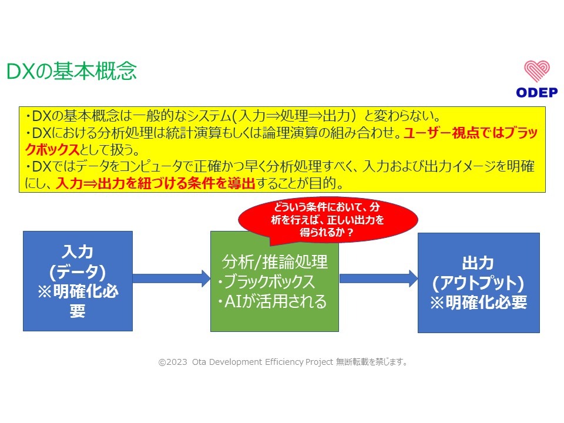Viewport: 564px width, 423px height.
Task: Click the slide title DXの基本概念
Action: pyautogui.click(x=71, y=71)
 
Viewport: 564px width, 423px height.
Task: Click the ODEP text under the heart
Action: pyautogui.click(x=537, y=92)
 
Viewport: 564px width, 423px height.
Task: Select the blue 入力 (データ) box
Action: pyautogui.click(x=78, y=281)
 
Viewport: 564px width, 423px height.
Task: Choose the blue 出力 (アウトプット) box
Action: pyautogui.click(x=478, y=283)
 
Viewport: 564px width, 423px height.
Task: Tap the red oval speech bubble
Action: pyautogui.click(x=327, y=220)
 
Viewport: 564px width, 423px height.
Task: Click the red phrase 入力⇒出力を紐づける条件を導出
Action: pyautogui.click(x=156, y=183)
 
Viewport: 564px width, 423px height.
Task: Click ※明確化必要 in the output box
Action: pyautogui.click(x=478, y=303)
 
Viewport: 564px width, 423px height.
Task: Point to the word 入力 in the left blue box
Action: pyautogui.click(x=78, y=251)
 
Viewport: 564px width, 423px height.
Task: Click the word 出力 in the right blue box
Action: pyautogui.click(x=478, y=263)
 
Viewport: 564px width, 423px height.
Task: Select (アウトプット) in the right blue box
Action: pyautogui.click(x=478, y=283)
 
